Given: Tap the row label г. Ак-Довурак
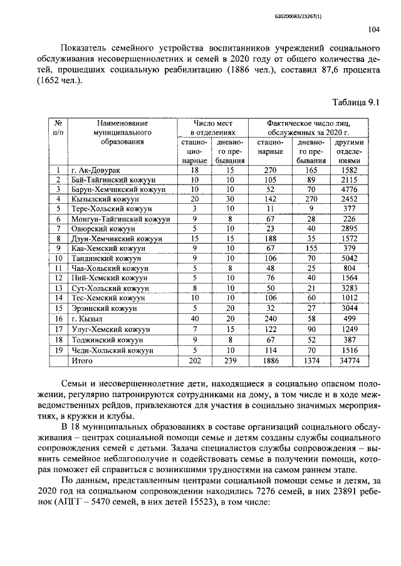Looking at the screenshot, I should [x=96, y=170].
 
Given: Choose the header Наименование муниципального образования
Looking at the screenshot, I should [x=123, y=133].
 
